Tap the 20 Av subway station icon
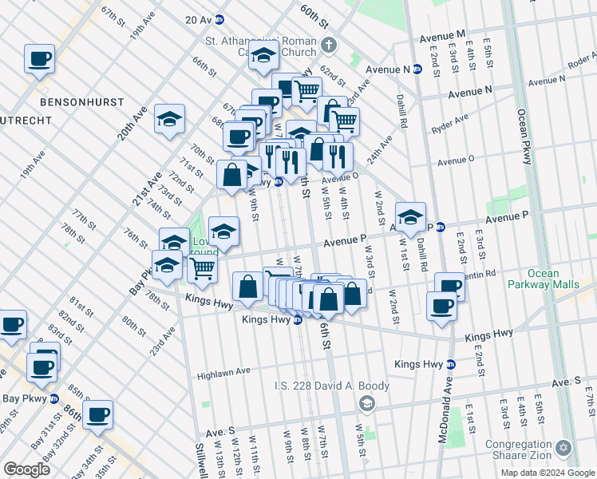click(219, 19)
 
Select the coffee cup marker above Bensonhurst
click(39, 59)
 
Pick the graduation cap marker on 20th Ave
click(169, 120)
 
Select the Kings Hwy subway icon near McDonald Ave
click(450, 364)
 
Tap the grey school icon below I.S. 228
click(366, 404)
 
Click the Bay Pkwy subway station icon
click(54, 398)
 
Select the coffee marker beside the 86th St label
click(98, 414)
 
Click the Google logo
click(27, 469)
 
